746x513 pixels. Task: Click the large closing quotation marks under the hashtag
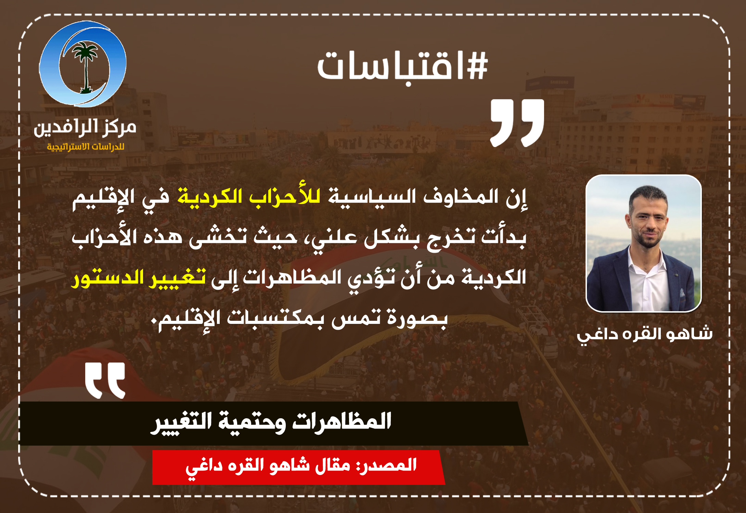(x=517, y=123)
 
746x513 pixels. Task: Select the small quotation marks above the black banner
(x=105, y=381)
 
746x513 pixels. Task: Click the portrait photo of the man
(x=644, y=243)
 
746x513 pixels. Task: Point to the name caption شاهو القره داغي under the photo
(x=645, y=334)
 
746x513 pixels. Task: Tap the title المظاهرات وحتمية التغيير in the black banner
(x=271, y=422)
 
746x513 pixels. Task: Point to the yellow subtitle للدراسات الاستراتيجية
(x=86, y=147)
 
